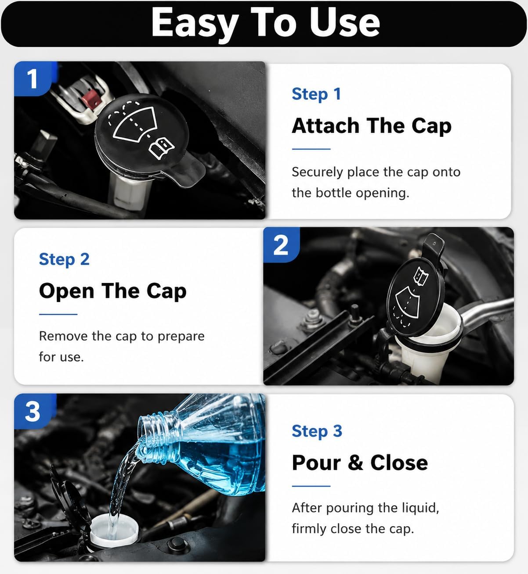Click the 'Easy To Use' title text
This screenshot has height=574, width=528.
tap(266, 23)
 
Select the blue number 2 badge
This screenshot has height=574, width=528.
tap(281, 245)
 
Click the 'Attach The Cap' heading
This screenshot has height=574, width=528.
tap(372, 126)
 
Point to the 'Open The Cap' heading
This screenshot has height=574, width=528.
tap(113, 291)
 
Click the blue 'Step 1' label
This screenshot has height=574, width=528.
tap(316, 94)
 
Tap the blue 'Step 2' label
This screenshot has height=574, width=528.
tap(64, 259)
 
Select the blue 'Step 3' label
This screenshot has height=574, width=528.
tap(317, 431)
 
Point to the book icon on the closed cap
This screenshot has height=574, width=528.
tap(162, 148)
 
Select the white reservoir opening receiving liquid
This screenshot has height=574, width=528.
tap(114, 529)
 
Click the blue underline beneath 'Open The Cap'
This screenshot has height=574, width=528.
tap(58, 314)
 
